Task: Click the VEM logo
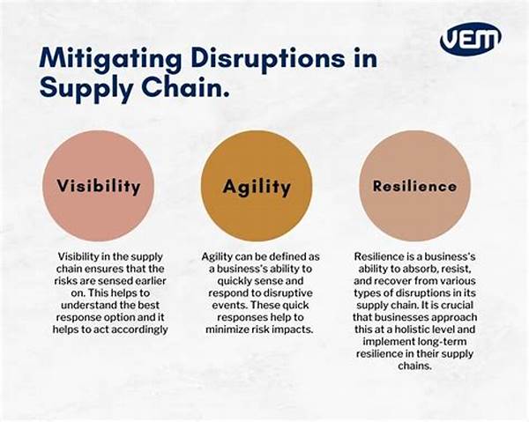tap(470, 37)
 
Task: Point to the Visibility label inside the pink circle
tap(98, 186)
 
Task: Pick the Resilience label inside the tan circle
tap(414, 186)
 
